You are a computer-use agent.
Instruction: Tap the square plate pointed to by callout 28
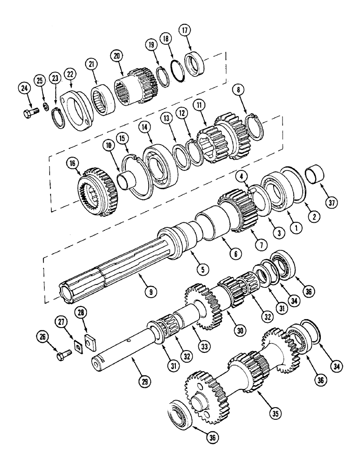(x=87, y=336)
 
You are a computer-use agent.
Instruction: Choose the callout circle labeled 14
(x=142, y=127)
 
